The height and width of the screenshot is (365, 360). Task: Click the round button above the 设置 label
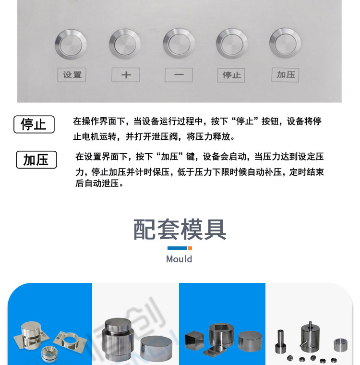tap(71, 45)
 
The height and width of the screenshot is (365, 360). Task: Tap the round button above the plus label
tap(125, 44)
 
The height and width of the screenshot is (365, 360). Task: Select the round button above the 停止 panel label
tap(232, 44)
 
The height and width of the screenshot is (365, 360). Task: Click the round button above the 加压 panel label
tap(285, 43)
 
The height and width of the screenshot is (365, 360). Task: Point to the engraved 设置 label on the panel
tap(72, 75)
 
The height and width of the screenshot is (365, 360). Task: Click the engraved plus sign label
tap(126, 75)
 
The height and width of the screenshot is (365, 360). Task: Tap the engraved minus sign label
tap(179, 75)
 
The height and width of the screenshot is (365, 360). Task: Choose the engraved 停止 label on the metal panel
tap(231, 75)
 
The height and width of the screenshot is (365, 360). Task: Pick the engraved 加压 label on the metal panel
tap(285, 75)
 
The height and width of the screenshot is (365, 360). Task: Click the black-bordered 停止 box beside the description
tap(34, 124)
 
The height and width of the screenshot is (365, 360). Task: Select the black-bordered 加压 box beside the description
tap(36, 159)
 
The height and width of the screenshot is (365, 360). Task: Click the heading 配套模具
tap(180, 230)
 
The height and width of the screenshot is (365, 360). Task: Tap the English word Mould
tap(179, 259)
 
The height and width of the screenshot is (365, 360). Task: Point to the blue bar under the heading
tap(177, 248)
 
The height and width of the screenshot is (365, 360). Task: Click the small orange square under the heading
tap(190, 248)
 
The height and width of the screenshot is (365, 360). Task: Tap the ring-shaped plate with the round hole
tap(70, 340)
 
